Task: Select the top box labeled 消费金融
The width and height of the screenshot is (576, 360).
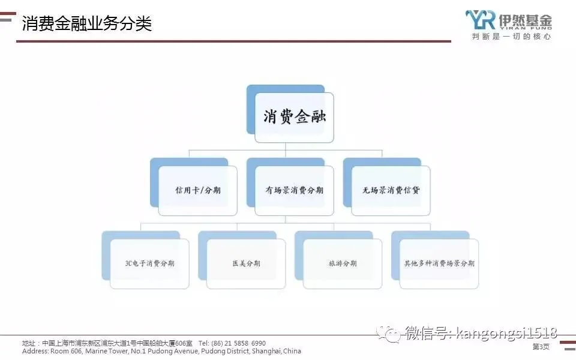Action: click(294, 117)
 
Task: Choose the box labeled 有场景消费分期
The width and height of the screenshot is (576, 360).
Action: click(294, 190)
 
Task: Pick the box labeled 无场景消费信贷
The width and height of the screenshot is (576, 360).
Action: click(391, 190)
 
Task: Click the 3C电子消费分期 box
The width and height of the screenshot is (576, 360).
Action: click(149, 263)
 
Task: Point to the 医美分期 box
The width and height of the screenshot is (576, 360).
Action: click(246, 263)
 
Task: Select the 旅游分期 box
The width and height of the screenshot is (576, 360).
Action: click(343, 263)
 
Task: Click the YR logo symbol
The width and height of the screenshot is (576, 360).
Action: click(479, 19)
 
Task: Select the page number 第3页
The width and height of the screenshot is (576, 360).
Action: click(541, 347)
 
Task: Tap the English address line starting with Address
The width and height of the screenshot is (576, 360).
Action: click(161, 351)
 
